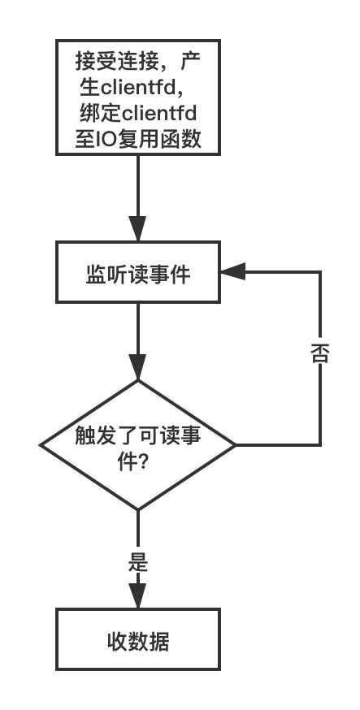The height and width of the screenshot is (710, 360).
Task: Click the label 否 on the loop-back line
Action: pos(319,353)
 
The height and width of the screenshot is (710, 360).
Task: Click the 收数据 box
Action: pos(138,639)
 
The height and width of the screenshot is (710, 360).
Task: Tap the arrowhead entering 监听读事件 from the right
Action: pos(232,272)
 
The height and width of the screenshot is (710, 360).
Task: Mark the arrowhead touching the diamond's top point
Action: pos(137,367)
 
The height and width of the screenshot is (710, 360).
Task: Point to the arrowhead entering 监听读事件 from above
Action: pos(137,229)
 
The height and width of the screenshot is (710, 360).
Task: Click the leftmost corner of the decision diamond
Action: pos(41,445)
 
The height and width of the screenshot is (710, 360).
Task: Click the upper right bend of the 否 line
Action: pos(321,272)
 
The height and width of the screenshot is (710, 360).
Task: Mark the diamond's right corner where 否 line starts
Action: pos(236,445)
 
